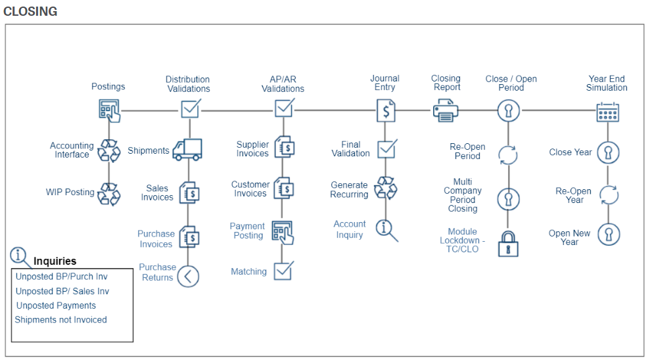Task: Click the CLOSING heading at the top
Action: [30, 11]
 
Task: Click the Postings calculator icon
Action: [109, 110]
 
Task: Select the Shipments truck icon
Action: [187, 150]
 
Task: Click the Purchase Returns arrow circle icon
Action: [189, 276]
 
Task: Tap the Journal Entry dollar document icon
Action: [386, 110]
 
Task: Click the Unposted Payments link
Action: [56, 305]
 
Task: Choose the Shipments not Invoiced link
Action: [60, 320]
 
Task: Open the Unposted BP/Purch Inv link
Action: [62, 277]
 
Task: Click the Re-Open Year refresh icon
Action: [609, 195]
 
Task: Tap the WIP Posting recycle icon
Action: [109, 194]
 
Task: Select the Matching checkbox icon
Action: [283, 271]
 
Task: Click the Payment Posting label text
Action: [248, 231]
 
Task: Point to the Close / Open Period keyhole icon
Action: [508, 110]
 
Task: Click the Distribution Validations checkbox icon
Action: [190, 108]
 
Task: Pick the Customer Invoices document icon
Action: [284, 189]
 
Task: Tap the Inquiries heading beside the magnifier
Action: [55, 261]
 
